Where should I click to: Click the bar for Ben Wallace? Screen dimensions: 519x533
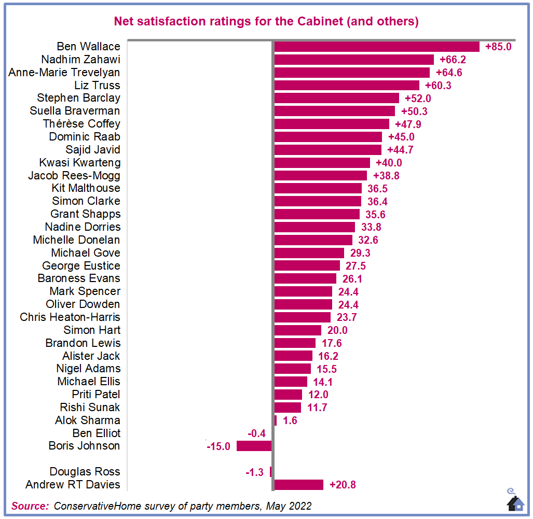[x=376, y=47]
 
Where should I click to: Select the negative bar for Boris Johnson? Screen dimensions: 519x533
[x=254, y=446]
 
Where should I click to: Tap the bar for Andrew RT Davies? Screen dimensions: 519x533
[x=298, y=485]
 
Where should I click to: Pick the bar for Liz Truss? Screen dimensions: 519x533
[x=346, y=86]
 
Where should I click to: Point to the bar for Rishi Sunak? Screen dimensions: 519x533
[x=287, y=408]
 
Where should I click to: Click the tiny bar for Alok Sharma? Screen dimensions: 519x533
[x=275, y=420]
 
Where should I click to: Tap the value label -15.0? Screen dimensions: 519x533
[x=218, y=446]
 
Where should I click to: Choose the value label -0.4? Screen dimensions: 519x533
[x=256, y=433]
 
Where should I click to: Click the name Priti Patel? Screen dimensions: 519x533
[x=96, y=395]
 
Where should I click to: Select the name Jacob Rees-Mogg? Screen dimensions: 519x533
[x=74, y=176]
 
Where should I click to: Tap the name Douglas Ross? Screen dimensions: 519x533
[x=85, y=472]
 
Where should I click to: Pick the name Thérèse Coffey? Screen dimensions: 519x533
[x=81, y=124]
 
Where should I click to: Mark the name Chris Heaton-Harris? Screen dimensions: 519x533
[x=70, y=317]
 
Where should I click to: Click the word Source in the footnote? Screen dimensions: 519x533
[x=30, y=506]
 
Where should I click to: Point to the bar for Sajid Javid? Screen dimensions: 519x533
[x=327, y=150]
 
